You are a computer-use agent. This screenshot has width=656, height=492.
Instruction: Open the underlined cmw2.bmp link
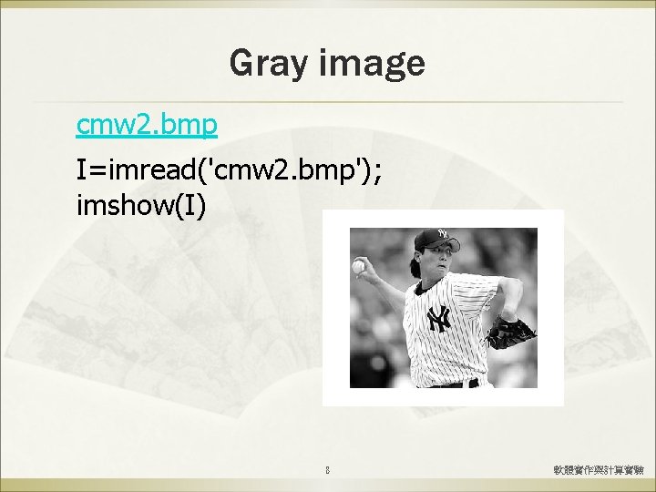(146, 125)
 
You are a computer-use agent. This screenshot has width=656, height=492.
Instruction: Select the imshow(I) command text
(142, 206)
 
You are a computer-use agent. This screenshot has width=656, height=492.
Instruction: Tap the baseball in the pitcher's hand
(358, 266)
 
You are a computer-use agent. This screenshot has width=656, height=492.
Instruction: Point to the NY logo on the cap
(442, 235)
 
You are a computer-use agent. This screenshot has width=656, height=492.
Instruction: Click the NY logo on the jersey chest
(440, 319)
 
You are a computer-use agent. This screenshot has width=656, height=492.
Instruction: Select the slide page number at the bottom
(328, 471)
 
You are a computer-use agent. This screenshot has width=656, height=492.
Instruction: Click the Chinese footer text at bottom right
(599, 471)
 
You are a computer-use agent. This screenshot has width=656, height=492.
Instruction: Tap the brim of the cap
(422, 246)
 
